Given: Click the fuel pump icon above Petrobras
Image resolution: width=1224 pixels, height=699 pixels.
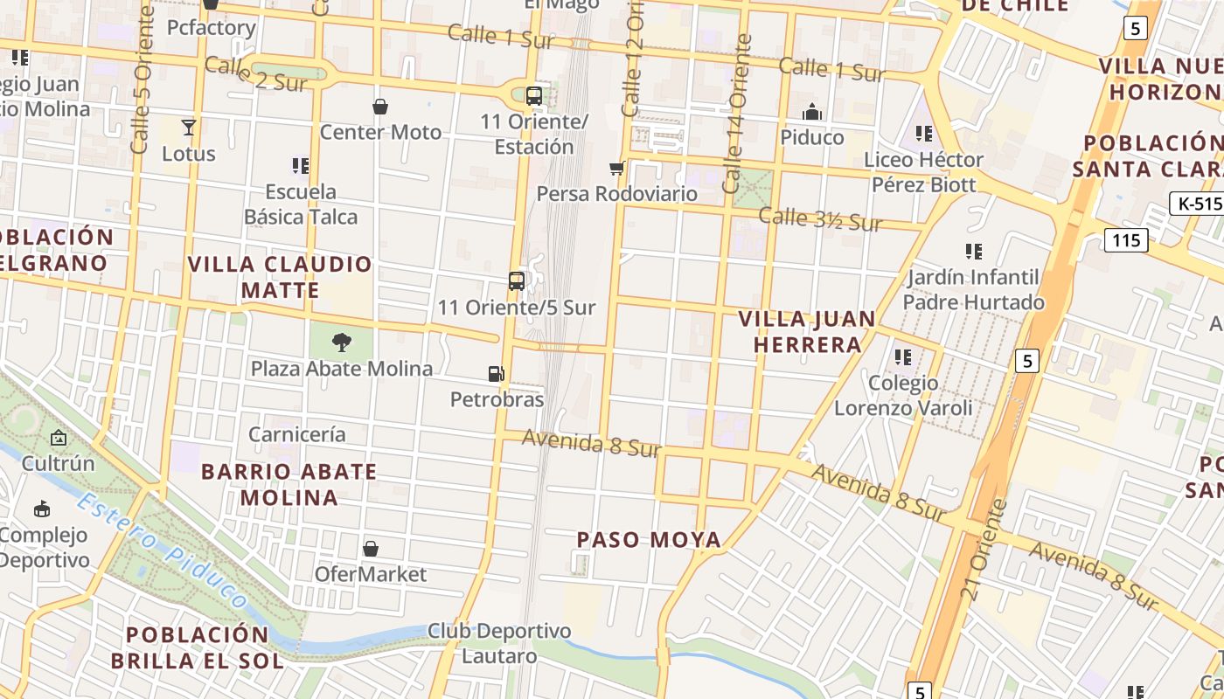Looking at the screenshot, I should coord(496,374).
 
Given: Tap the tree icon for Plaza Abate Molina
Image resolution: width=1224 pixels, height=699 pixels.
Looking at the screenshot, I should coord(342,343).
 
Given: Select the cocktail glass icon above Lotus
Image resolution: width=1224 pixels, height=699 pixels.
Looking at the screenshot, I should coord(189,128).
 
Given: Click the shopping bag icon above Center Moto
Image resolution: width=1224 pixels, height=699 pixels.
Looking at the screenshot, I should coord(380,107).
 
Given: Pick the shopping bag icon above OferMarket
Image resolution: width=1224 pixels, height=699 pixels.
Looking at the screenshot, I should coord(371,549).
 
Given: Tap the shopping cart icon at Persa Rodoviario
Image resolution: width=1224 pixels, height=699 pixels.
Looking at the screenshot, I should coord(617,168).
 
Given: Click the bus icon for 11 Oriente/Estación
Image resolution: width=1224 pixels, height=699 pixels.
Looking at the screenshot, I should coord(533,96).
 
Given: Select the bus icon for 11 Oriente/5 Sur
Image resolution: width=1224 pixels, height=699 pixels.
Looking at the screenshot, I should coord(517,280).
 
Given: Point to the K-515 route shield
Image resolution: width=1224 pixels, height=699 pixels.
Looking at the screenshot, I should coord(1195,204).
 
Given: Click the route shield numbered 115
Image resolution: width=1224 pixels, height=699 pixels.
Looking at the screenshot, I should coord(1125,239).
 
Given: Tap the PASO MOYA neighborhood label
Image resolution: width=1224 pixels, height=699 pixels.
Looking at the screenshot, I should coord(650,540).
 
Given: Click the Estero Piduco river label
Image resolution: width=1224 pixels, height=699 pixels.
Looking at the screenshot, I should coord(162,550).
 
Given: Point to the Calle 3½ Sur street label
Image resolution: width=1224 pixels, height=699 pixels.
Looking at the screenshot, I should coord(820,219).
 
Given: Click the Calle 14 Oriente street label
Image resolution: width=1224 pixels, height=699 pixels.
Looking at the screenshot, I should coord(735,114).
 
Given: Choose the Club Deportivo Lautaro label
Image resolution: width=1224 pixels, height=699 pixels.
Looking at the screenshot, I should coord(498,643).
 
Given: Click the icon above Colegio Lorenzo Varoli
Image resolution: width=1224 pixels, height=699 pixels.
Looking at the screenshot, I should coord(903,357).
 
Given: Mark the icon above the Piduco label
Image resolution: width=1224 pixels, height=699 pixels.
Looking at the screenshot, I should coord(812,112).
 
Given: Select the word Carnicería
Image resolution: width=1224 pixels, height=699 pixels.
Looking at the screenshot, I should coord(297,434).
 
